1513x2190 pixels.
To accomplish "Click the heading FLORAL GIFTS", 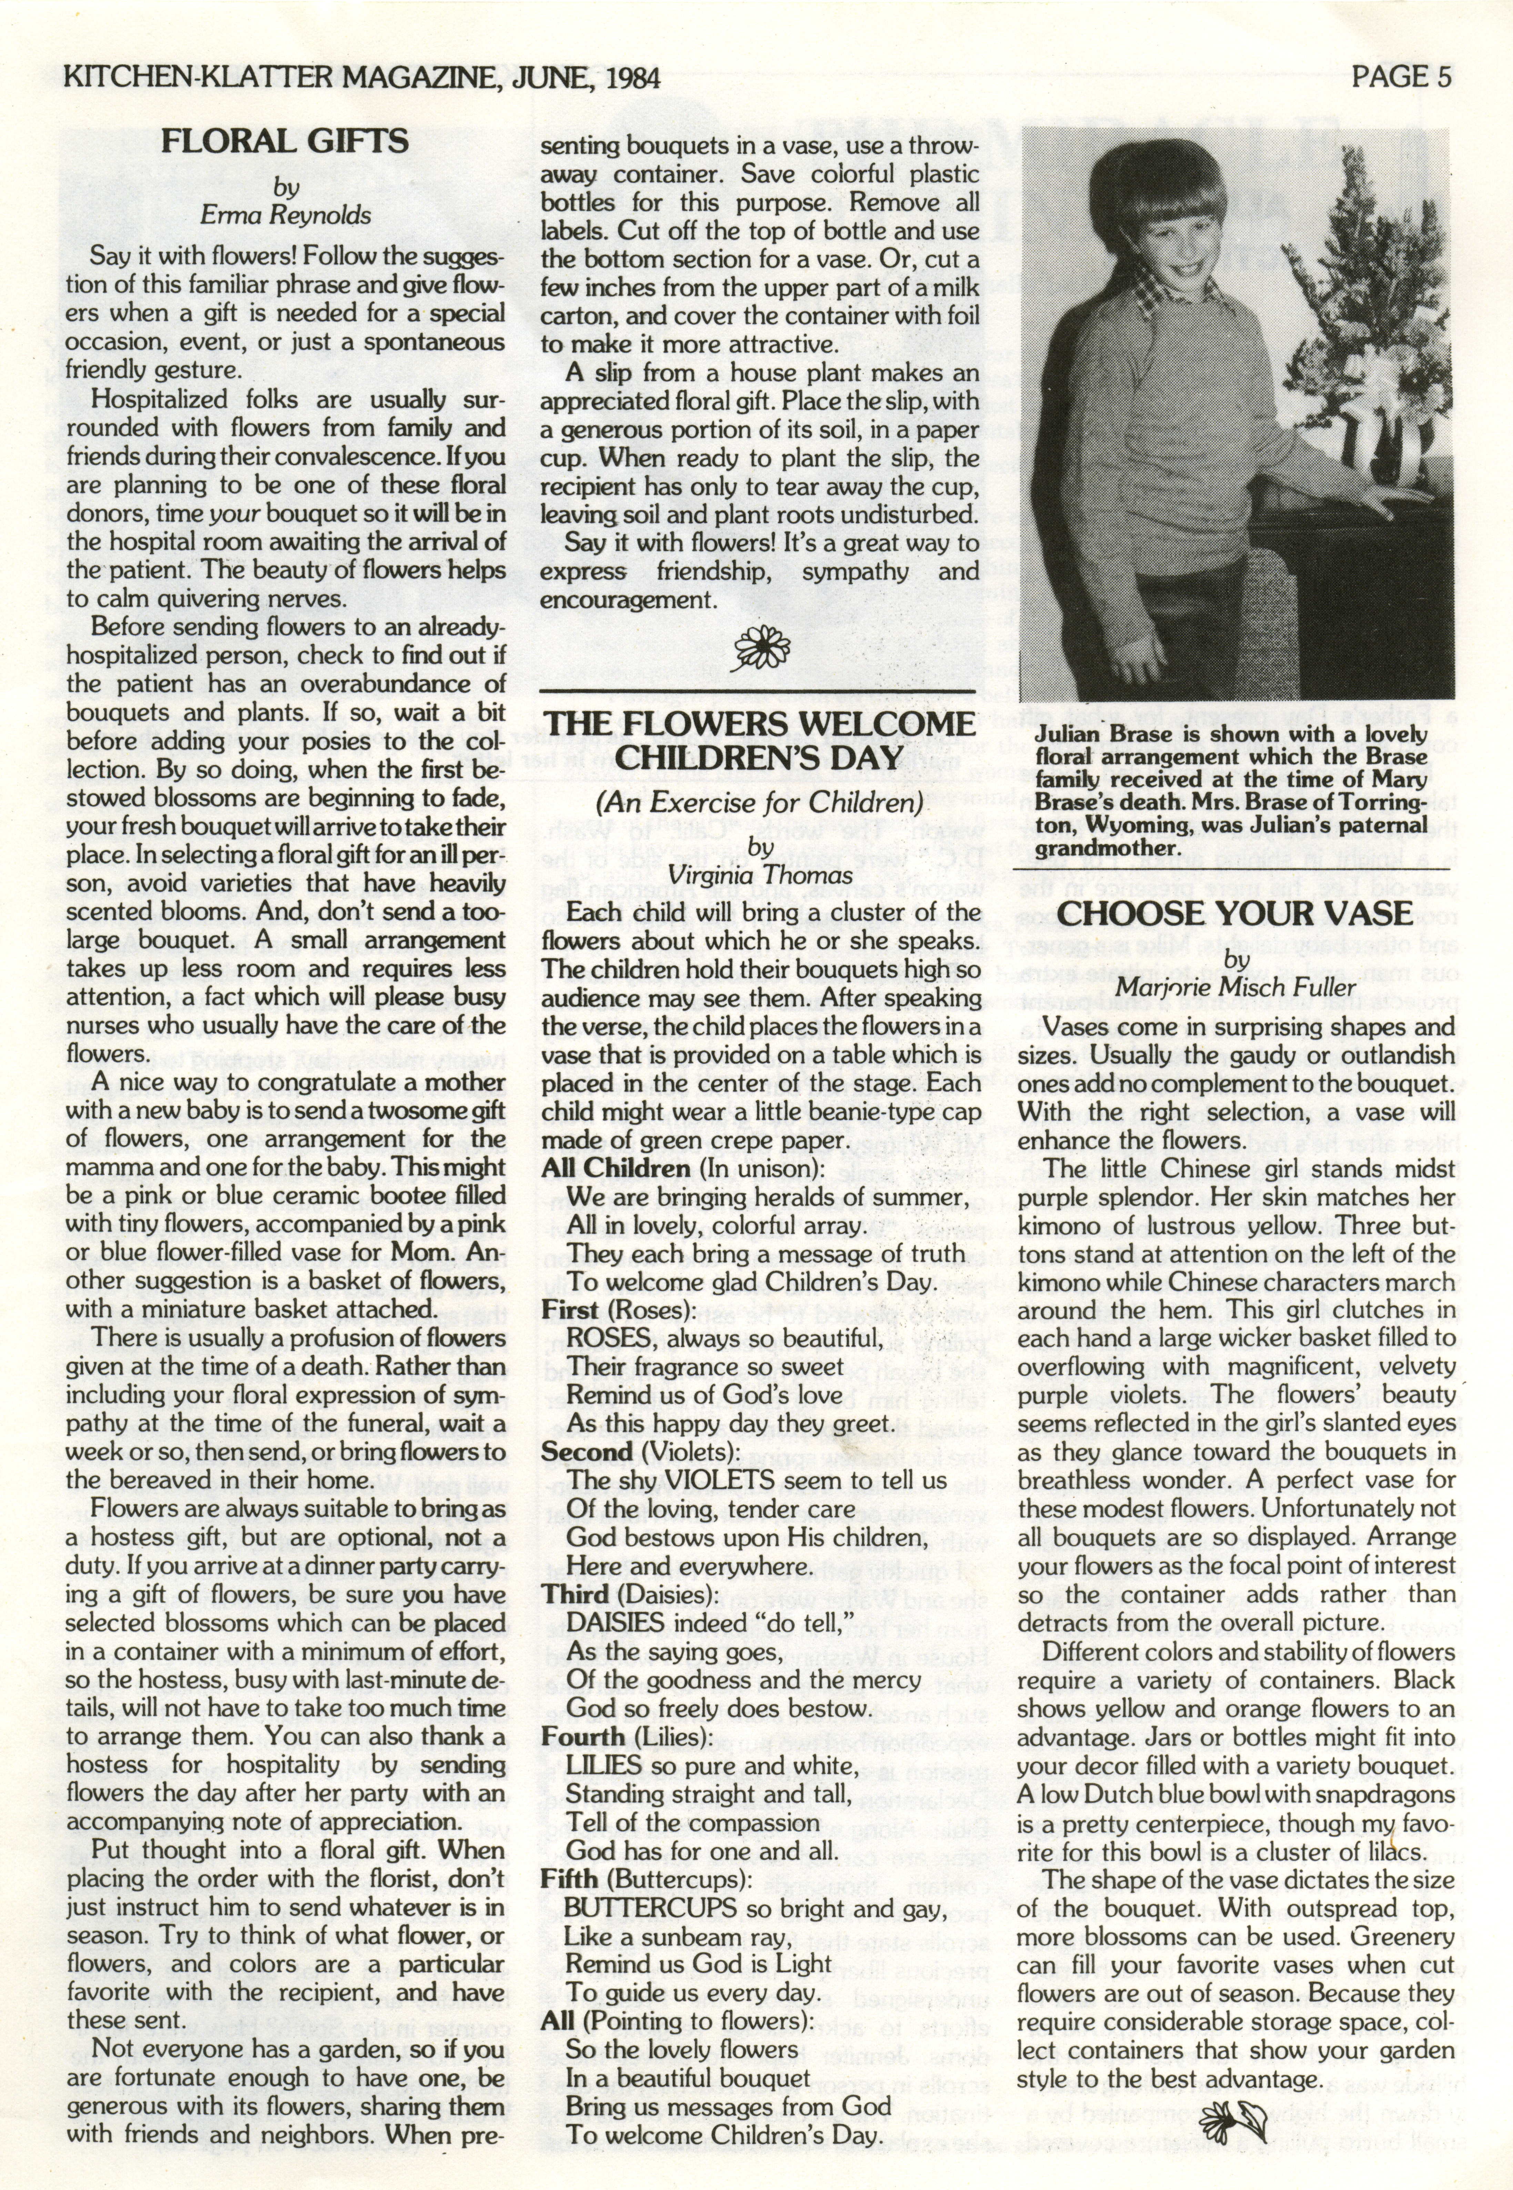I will click(x=284, y=142).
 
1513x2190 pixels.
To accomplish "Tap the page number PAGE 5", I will click(x=1401, y=76).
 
